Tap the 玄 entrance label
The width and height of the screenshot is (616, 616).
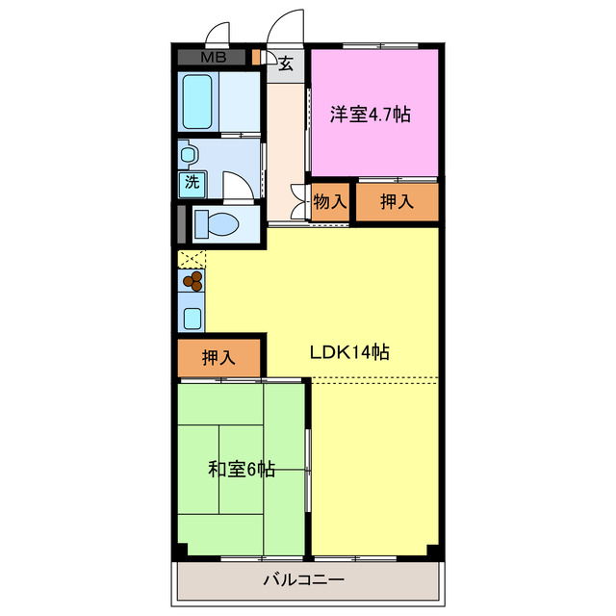(286, 64)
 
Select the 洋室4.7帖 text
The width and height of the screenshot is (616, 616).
(371, 115)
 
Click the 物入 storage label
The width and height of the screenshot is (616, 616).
(330, 202)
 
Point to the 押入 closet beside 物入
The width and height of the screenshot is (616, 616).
(397, 202)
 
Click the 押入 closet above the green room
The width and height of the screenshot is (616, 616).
(218, 357)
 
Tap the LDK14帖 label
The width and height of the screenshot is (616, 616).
(348, 352)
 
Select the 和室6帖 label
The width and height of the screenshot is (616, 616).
(242, 470)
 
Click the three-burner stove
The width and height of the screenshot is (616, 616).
(192, 281)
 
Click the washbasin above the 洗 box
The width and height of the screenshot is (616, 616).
(188, 153)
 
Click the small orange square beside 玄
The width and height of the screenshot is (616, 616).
(256, 58)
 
